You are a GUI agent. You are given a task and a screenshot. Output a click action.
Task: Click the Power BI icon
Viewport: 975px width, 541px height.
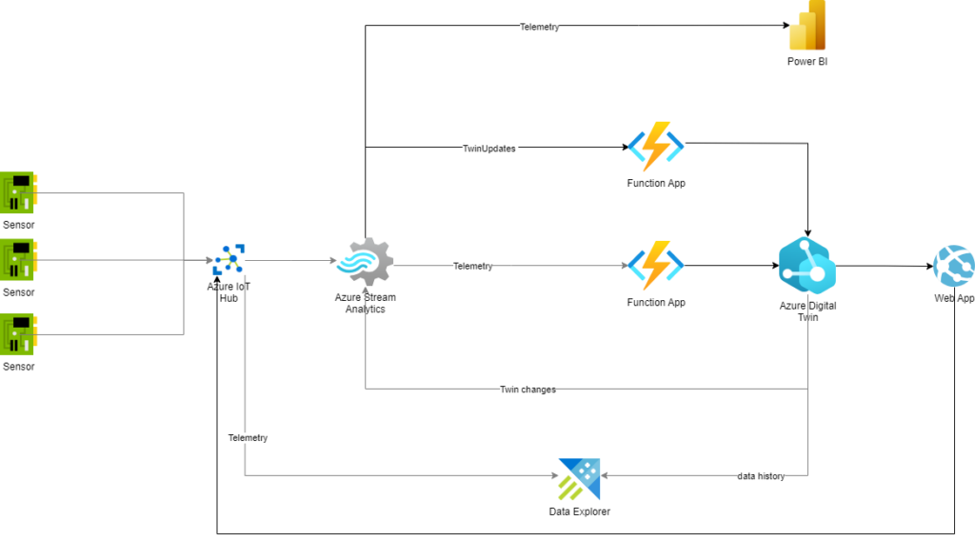coord(807,26)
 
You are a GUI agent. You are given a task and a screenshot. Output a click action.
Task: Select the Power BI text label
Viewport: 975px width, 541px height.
coord(807,62)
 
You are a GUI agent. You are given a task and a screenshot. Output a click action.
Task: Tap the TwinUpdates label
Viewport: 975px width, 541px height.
coord(489,149)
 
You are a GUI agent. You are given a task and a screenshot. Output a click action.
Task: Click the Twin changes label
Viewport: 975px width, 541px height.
coord(527,390)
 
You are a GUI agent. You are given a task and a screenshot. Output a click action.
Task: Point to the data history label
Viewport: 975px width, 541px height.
coord(761,476)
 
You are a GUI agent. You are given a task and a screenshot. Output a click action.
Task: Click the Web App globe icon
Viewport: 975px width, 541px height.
coord(954,266)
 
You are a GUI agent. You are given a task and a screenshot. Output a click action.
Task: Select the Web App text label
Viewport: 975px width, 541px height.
coord(954,298)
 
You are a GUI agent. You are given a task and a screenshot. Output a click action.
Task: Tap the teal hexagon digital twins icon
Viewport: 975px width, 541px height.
coord(806,265)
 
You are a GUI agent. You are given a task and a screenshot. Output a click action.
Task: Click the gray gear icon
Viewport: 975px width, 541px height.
coord(366,261)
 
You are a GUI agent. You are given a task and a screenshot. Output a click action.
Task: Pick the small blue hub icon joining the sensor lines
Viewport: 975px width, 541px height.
coord(229,259)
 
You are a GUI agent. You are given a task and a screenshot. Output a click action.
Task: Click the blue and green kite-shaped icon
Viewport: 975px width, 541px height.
coord(579,479)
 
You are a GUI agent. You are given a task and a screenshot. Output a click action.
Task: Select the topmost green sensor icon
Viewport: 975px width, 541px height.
coord(18,192)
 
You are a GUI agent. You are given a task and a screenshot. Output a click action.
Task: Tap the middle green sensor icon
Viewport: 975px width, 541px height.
coord(18,260)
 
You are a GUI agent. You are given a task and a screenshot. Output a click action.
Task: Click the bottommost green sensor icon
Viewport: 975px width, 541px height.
coord(18,334)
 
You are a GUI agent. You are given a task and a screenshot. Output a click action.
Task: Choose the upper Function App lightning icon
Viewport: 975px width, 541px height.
coord(656,147)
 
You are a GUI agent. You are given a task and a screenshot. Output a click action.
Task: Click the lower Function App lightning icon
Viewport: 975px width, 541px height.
coord(656,266)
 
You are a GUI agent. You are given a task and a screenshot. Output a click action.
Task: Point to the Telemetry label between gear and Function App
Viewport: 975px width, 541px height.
coord(473,267)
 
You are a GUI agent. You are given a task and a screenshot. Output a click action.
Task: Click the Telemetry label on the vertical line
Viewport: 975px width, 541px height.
coord(248,438)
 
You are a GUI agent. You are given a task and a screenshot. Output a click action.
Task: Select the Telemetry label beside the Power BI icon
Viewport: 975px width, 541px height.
coord(540,28)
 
